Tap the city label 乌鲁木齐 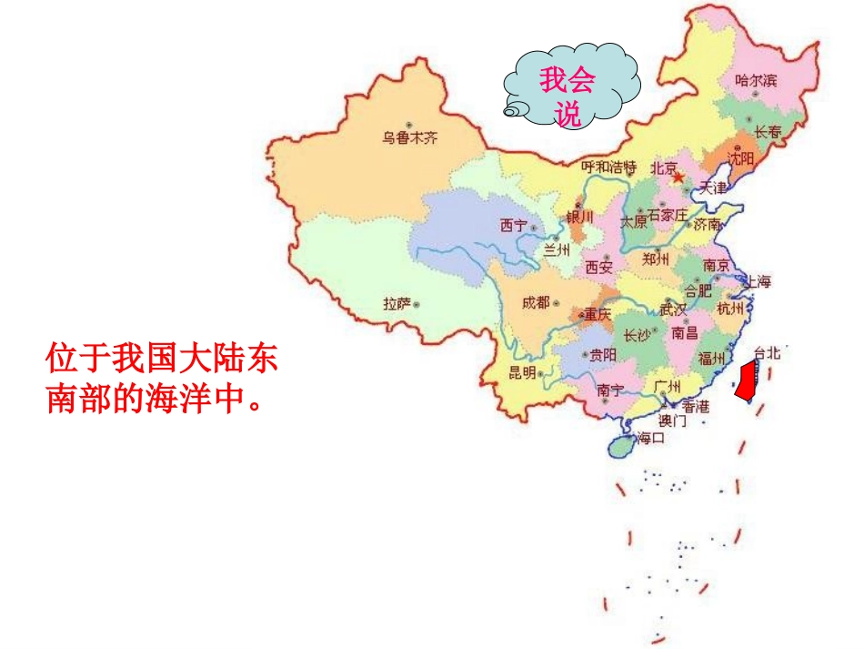tap(409, 138)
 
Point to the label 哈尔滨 tap(756, 81)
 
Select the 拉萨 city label tap(397, 304)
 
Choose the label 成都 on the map tap(536, 303)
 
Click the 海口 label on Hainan tap(650, 438)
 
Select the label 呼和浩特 tap(608, 167)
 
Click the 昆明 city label tap(521, 373)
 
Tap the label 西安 tap(599, 267)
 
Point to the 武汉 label tap(673, 309)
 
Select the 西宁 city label tap(514, 225)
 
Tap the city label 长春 tap(769, 133)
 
